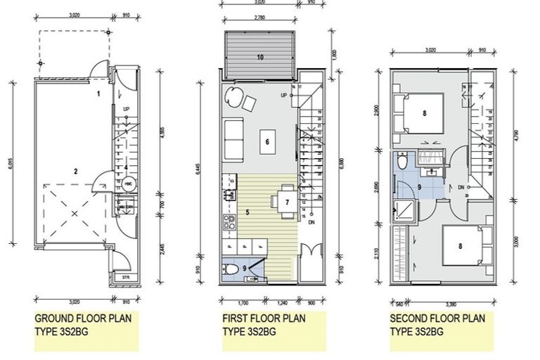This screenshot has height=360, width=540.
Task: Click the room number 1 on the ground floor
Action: [x=99, y=93]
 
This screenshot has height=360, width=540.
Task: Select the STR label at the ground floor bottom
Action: [x=126, y=278]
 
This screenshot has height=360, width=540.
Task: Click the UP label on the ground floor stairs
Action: [x=126, y=109]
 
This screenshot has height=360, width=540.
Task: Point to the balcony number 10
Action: [x=259, y=57]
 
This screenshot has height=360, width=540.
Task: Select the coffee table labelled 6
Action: [x=266, y=141]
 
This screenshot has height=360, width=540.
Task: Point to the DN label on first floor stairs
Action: [x=311, y=222]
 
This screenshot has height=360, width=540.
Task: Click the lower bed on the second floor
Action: [x=461, y=245]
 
